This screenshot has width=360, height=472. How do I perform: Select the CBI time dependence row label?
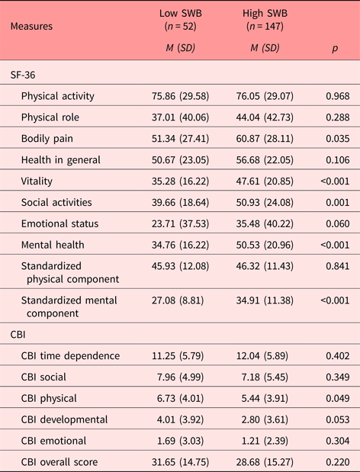pyautogui.click(x=71, y=356)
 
